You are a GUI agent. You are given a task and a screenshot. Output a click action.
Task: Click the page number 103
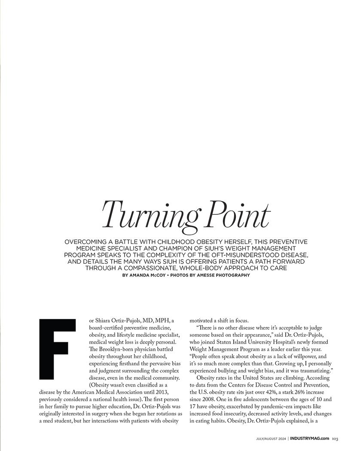pyautogui.click(x=335, y=439)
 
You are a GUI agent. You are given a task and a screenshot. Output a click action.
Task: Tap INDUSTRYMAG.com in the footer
pyautogui.click(x=309, y=439)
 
